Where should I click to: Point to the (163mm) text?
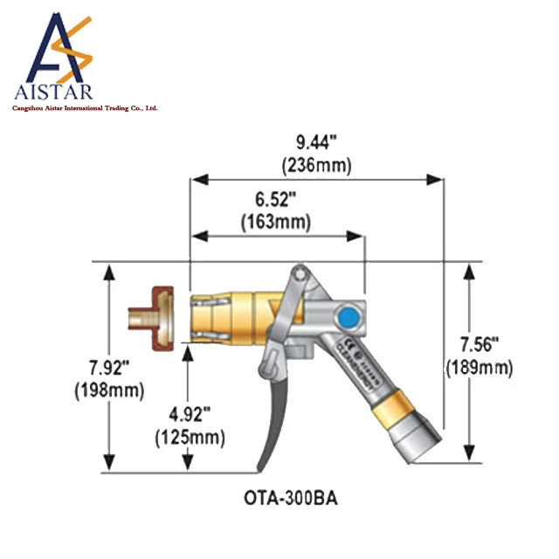coord(275,222)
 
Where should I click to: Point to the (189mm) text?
coord(479,368)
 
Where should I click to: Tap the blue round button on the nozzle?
coord(349,314)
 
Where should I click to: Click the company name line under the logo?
coord(83,108)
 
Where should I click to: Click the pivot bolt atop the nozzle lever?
coord(299,276)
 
